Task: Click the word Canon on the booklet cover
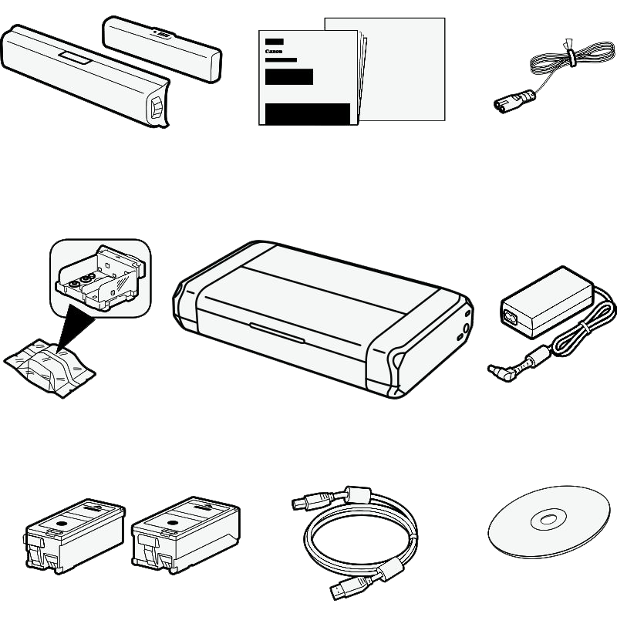pyautogui.click(x=274, y=51)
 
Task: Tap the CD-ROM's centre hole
pyautogui.click(x=548, y=520)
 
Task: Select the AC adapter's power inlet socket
pyautogui.click(x=510, y=316)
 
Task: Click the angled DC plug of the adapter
pyautogui.click(x=500, y=373)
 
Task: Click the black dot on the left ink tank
pyautogui.click(x=60, y=524)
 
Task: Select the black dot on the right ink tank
pyautogui.click(x=171, y=523)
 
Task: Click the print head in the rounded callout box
pyautogui.click(x=100, y=278)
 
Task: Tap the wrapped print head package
pyautogui.click(x=49, y=367)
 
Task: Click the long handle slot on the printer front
pyautogui.click(x=277, y=333)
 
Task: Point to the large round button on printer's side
pyautogui.click(x=466, y=328)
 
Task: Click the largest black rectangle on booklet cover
pyautogui.click(x=308, y=114)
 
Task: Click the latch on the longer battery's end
pyautogui.click(x=157, y=107)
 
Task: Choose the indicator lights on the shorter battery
pyautogui.click(x=162, y=34)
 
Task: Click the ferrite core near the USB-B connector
pyautogui.click(x=358, y=495)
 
